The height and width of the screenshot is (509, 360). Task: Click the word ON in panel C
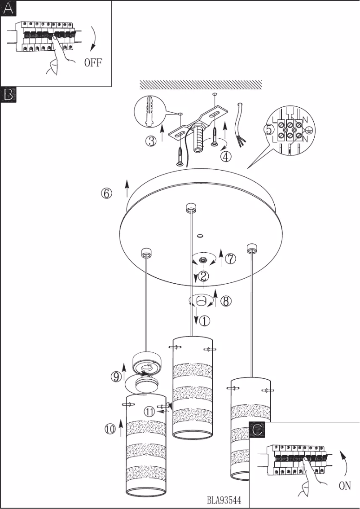[x=344, y=486]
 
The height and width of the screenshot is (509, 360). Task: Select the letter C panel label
[x=257, y=430]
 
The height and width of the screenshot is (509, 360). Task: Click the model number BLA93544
[x=224, y=500]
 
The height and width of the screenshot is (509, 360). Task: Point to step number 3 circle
[x=151, y=141]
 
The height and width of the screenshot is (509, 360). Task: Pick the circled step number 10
[x=110, y=429]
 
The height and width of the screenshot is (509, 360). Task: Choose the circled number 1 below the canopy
[x=204, y=321]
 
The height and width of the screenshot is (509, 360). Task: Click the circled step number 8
[x=226, y=301]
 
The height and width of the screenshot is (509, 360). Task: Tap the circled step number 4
[x=226, y=156]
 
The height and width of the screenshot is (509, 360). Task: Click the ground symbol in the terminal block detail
[x=308, y=130]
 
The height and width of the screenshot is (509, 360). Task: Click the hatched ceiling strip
[x=201, y=84]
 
